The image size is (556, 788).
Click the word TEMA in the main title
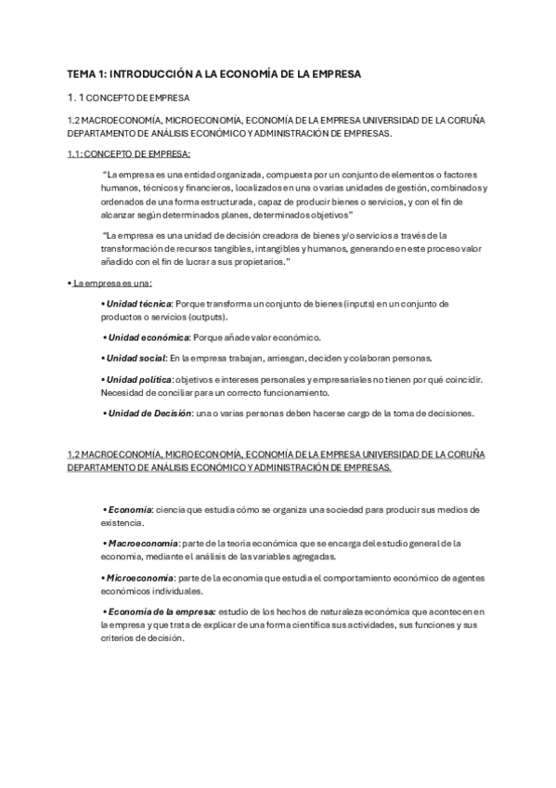click(x=82, y=72)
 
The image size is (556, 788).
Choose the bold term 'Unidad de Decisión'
click(x=149, y=413)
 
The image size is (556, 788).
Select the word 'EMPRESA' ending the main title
click(x=333, y=72)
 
